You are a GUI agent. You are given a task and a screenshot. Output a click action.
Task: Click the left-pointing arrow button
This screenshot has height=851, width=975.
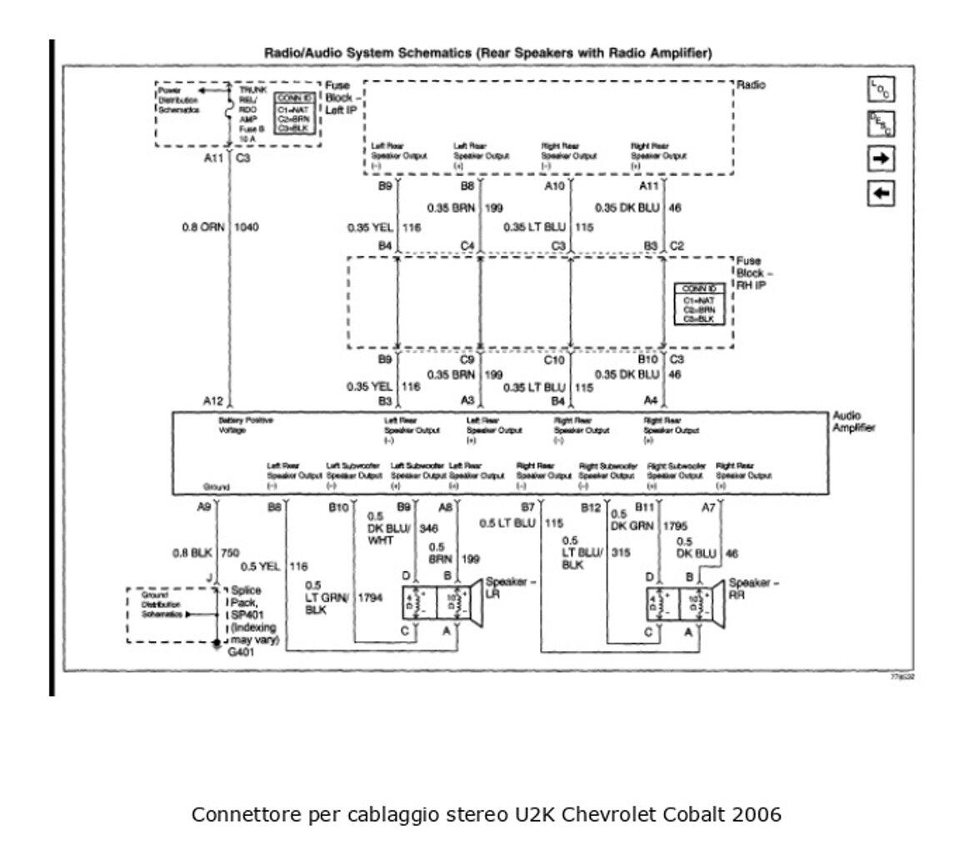point(881,193)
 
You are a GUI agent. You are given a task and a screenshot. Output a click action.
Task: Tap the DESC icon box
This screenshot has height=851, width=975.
point(881,125)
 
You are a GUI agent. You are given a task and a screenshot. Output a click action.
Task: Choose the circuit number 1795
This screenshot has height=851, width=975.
point(675,527)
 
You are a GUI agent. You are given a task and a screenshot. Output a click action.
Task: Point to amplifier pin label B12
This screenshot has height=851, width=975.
point(591,507)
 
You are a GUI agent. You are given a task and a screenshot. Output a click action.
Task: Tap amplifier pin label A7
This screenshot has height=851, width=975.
point(708,507)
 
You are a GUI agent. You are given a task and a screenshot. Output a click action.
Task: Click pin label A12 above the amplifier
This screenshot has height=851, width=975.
point(212,401)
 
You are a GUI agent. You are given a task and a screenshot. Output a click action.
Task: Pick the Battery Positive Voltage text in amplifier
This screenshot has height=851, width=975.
point(246,425)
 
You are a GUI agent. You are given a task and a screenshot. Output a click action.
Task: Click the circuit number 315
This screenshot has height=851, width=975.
point(620,552)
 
